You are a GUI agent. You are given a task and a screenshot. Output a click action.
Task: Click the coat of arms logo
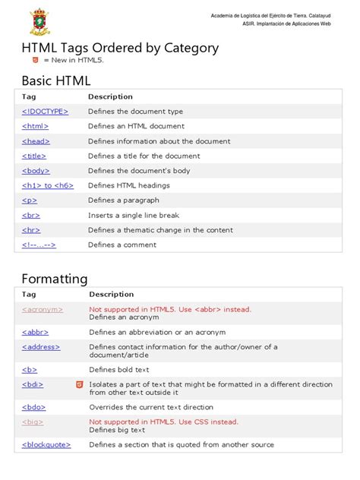(x=42, y=21)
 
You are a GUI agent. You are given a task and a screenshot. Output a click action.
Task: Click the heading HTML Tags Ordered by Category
(x=120, y=48)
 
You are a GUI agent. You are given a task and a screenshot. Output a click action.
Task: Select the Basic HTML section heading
(x=56, y=81)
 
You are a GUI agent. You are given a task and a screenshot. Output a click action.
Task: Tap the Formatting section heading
(x=55, y=278)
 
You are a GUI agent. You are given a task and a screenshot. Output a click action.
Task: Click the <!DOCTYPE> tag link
(x=45, y=111)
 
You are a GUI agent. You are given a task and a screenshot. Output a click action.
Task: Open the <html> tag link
(x=35, y=126)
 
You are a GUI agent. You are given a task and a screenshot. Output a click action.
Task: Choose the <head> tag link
(x=36, y=141)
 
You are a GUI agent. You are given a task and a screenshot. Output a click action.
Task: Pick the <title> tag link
(x=35, y=156)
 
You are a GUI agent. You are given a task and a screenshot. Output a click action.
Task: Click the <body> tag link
(x=36, y=170)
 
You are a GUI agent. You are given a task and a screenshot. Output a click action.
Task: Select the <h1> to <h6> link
(x=48, y=185)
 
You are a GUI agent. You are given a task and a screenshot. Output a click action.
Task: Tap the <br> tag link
(x=30, y=215)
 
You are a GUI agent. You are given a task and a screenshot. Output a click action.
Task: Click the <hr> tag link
(x=30, y=229)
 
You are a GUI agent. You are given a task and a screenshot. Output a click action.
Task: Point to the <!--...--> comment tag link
(x=39, y=245)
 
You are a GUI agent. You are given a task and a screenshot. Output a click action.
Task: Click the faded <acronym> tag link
(x=43, y=309)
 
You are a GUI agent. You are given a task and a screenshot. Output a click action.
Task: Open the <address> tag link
(x=41, y=346)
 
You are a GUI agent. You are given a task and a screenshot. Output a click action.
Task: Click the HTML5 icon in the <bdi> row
(x=78, y=384)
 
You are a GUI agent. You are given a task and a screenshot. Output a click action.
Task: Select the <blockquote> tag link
(x=46, y=444)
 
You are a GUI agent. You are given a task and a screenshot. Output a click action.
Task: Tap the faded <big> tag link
(x=33, y=422)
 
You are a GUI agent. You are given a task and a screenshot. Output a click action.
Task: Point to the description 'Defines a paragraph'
(x=123, y=200)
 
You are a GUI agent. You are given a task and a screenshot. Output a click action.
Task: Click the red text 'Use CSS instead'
(x=206, y=422)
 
